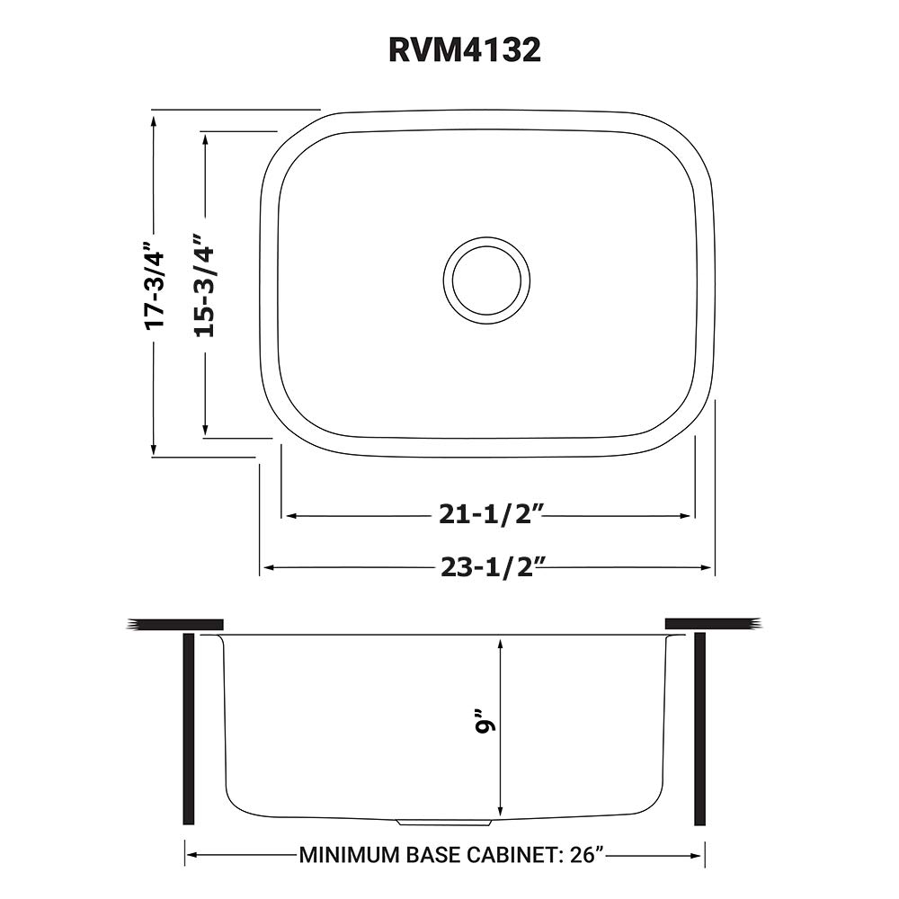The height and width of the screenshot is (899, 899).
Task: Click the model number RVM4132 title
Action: click(x=465, y=49)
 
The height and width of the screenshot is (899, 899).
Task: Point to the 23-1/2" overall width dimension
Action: click(x=492, y=567)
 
